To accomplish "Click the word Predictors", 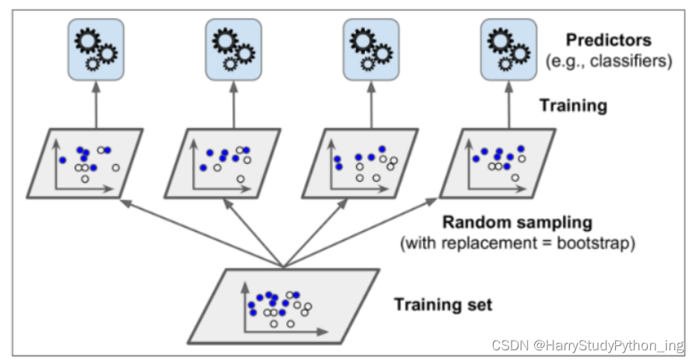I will click(x=608, y=40).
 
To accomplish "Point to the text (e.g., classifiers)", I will click(x=609, y=61).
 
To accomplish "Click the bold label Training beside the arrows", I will click(x=573, y=106).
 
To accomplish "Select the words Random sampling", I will click(x=517, y=222).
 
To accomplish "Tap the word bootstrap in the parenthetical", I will click(x=597, y=243).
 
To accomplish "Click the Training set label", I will click(x=442, y=304).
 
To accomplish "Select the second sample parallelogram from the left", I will click(x=223, y=163).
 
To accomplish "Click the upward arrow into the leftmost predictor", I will click(x=95, y=104).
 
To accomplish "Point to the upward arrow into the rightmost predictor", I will click(x=509, y=104).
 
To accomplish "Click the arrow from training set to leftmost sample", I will click(x=200, y=232).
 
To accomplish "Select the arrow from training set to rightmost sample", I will click(x=358, y=231).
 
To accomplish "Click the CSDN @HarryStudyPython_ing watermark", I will click(x=588, y=346).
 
